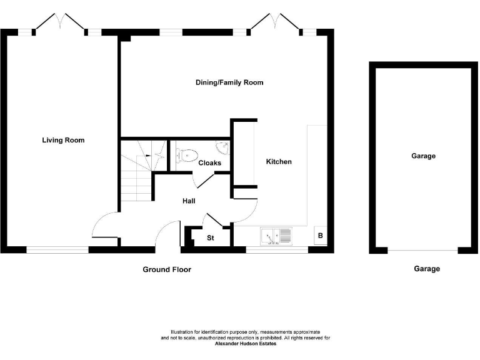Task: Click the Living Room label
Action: coord(63,140)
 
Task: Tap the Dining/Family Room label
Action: coord(229,82)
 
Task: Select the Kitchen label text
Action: coord(279,162)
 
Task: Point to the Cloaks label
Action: coord(209,163)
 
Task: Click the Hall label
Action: coord(189,201)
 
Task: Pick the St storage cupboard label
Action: coord(211,238)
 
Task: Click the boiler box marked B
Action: coord(321,236)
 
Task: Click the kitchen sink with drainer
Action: coord(276,236)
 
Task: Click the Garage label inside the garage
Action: coord(423,156)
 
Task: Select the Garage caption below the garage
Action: coord(427,269)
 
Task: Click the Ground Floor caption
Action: coord(166,269)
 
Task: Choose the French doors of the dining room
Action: coord(274,22)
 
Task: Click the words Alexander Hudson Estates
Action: coord(246,344)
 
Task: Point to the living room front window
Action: coord(57,249)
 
